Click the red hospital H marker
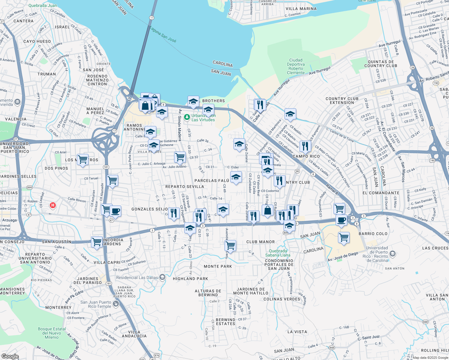click(x=53, y=205)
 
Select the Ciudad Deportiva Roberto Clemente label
click(x=296, y=67)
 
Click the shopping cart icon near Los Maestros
click(x=83, y=159)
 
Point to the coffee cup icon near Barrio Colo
click(x=341, y=220)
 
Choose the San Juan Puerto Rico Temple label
click(x=96, y=304)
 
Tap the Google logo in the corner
click(x=10, y=356)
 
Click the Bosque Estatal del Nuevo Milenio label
click(x=52, y=333)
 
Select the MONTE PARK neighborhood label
click(x=218, y=266)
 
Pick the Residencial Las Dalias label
click(x=137, y=277)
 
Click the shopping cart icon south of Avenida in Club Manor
click(x=230, y=245)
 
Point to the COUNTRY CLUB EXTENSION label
click(x=342, y=100)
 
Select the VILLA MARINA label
click(x=301, y=9)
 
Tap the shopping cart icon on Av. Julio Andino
click(x=180, y=157)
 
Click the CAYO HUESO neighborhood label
click(x=37, y=41)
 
